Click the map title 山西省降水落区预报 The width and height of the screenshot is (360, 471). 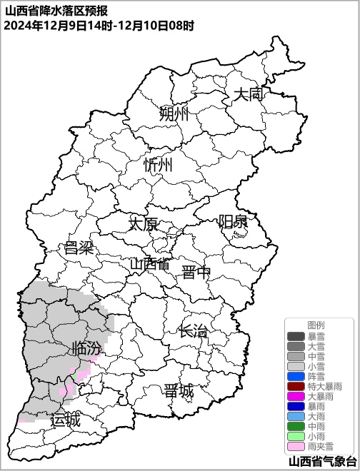(x=56, y=10)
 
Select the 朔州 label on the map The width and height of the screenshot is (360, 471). (x=174, y=113)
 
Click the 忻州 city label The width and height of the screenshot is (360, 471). (x=158, y=165)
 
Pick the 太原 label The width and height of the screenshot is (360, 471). (x=143, y=223)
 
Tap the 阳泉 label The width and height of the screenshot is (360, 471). (x=233, y=221)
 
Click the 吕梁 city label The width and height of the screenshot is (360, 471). (x=79, y=248)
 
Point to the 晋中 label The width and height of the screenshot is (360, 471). (x=196, y=272)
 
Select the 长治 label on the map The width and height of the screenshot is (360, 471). (x=194, y=331)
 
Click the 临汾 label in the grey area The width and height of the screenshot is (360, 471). (x=86, y=349)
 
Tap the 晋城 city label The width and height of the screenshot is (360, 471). (x=179, y=390)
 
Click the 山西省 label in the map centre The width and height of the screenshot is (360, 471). (x=150, y=263)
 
